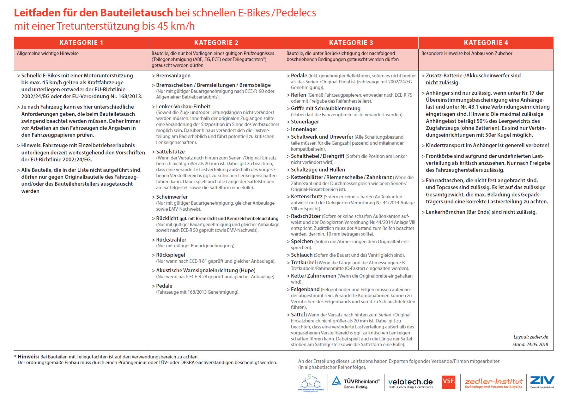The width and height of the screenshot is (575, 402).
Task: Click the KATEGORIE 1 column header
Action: point(81,43)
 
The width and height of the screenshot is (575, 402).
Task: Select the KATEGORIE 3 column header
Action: point(351,43)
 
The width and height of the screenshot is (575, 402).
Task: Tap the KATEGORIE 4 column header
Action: point(486,43)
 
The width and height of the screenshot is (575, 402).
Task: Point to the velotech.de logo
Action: point(410,383)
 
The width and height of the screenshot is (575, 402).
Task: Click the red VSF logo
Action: point(449,381)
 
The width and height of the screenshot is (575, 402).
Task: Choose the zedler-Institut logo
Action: point(493,383)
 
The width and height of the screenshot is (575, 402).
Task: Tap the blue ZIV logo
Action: point(542,381)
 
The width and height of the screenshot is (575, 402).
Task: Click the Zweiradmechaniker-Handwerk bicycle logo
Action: point(311,383)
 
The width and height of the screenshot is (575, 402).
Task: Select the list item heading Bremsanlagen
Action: point(173,76)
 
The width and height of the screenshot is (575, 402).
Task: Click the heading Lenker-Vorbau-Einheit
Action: point(183,106)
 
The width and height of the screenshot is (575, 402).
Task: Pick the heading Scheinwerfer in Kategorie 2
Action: point(172,197)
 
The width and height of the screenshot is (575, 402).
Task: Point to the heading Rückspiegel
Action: point(170,255)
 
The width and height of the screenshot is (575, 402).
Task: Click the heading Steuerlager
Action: point(305,122)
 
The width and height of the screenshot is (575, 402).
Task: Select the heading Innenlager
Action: point(304,129)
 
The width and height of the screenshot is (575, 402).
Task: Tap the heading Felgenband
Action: point(305,289)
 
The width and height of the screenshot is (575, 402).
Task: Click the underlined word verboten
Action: point(536,146)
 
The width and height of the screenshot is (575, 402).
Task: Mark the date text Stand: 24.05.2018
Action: point(530,344)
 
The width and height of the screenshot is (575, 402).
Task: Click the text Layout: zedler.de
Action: point(531,337)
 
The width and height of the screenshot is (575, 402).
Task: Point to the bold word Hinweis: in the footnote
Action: point(28,357)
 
